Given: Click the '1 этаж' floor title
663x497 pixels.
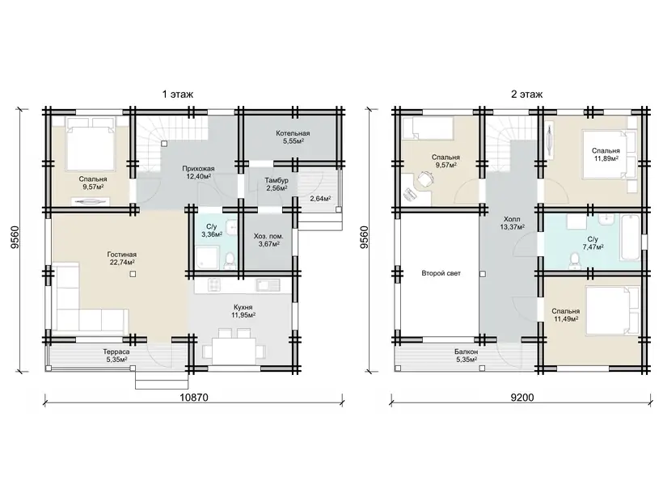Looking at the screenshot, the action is [178, 95].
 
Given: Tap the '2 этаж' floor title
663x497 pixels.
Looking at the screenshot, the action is [526, 95].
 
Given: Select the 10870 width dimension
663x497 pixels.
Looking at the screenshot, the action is [194, 398].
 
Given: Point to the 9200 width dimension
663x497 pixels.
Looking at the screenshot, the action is [522, 398].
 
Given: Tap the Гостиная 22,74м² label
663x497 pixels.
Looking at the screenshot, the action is [121, 259].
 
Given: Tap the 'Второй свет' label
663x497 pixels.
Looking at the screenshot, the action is [441, 273].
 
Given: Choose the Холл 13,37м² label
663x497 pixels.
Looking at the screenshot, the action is [512, 223].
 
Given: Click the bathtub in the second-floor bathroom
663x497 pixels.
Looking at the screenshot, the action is [630, 237].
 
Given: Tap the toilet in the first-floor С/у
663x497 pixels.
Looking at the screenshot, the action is [230, 260].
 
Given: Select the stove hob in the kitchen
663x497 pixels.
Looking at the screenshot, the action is [213, 285].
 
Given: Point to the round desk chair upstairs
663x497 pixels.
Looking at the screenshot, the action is [424, 179].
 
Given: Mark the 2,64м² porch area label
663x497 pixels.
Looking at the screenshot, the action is [320, 199].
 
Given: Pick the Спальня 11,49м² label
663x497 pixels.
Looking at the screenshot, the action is [565, 315].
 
